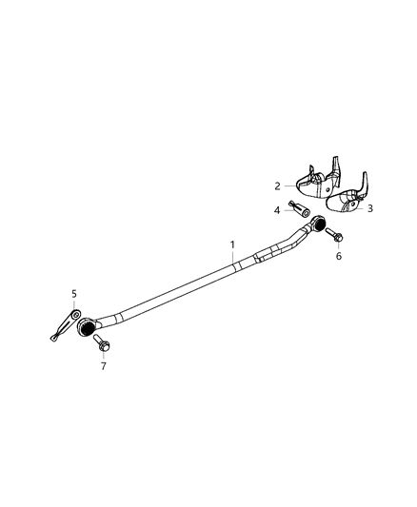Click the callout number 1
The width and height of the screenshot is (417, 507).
pyautogui.click(x=232, y=244)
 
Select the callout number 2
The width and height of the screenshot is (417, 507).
pyautogui.click(x=277, y=186)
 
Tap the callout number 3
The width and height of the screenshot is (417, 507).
pyautogui.click(x=370, y=208)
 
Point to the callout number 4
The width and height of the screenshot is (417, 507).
pyautogui.click(x=277, y=210)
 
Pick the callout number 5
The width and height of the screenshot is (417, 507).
pyautogui.click(x=74, y=294)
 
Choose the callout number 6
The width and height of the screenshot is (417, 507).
pyautogui.click(x=339, y=256)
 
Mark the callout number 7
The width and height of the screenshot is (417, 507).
pyautogui.click(x=103, y=366)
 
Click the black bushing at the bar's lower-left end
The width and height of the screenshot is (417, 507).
pyautogui.click(x=86, y=327)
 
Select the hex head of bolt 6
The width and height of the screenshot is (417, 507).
pyautogui.click(x=338, y=238)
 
